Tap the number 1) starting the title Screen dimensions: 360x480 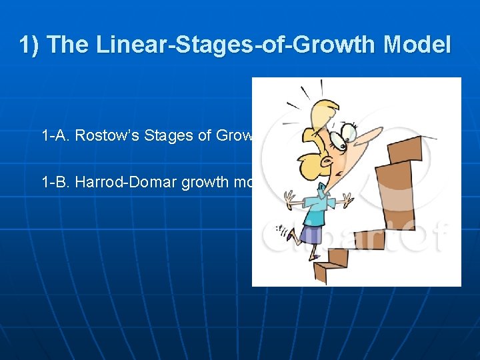point(30,45)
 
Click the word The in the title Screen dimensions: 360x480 point(69,45)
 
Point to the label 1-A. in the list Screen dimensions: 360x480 point(56,136)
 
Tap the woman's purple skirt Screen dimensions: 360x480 point(311,233)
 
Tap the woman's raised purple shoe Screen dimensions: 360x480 point(286,233)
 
